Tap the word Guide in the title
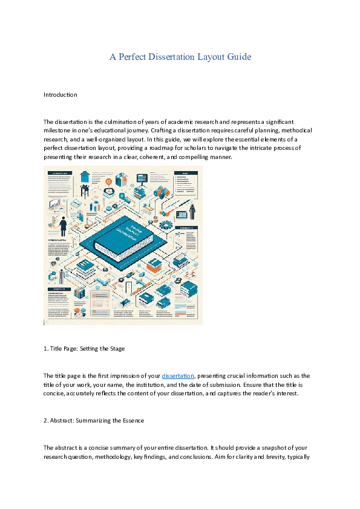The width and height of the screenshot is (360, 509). click(x=238, y=57)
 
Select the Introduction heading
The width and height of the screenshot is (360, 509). click(x=61, y=95)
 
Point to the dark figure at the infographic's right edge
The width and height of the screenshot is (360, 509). click(x=192, y=211)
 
